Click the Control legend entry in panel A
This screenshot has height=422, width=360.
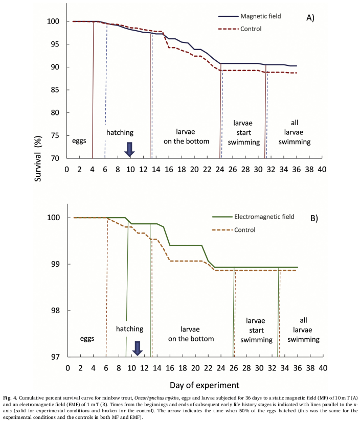point(251,29)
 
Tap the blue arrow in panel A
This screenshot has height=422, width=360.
point(129,149)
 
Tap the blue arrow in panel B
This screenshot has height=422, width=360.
point(137,348)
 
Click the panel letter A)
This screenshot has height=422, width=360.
point(310,18)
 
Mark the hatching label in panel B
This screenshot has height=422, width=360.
point(129,329)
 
